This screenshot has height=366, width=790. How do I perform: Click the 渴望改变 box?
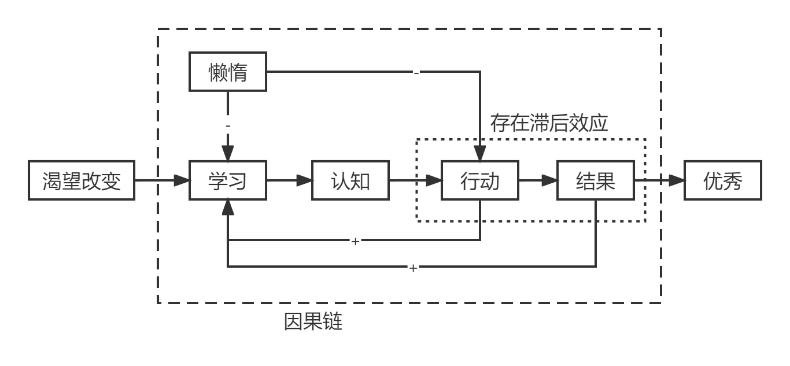point(82,180)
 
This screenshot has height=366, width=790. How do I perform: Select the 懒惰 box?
point(228,72)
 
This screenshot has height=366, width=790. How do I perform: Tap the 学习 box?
point(228,180)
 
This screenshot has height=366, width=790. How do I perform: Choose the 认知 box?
point(350,180)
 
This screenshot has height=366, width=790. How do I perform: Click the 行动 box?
point(480,180)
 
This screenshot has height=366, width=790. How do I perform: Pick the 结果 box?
point(596,180)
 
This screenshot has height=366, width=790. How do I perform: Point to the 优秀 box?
point(723,180)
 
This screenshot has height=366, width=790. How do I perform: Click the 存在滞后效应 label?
point(549,123)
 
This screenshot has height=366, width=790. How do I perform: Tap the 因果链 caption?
point(313,321)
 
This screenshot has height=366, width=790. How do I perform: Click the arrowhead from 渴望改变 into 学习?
point(182,180)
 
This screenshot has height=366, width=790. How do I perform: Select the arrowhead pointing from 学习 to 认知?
point(304,180)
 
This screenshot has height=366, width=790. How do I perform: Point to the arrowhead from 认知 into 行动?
point(434,180)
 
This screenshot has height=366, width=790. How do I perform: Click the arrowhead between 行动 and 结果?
point(550,180)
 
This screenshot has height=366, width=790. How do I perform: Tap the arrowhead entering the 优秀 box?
point(677,180)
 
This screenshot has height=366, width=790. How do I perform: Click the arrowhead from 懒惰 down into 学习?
point(228,153)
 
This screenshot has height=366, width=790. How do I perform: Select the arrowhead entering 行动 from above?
point(480,153)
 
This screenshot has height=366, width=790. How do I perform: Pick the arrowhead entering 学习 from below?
point(228,208)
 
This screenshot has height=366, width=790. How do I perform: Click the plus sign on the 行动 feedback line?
point(356,242)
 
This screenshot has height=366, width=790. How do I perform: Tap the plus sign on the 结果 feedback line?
point(414,268)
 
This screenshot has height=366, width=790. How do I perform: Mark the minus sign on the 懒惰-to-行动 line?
point(416,73)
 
